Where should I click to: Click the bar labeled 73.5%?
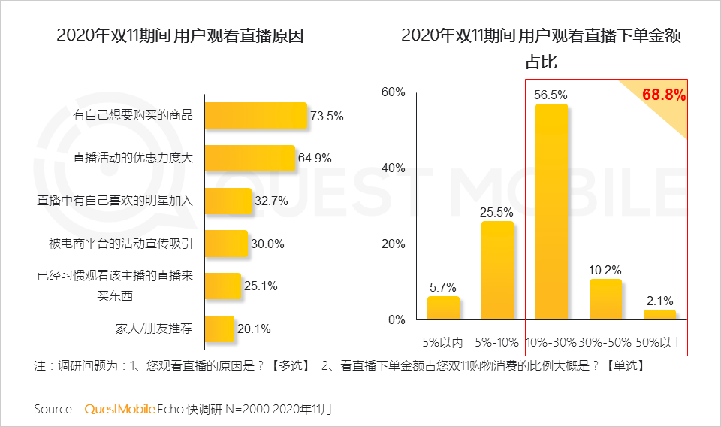click(256, 116)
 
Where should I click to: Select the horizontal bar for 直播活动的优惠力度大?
click(250, 158)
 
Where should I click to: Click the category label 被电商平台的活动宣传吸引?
click(121, 243)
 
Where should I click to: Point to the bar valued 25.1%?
click(223, 286)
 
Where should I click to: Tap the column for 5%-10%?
click(497, 271)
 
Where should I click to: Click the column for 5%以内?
click(443, 308)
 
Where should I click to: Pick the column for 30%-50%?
click(605, 300)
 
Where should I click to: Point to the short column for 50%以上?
click(659, 315)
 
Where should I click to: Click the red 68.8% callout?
click(663, 95)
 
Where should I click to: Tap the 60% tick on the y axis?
click(393, 92)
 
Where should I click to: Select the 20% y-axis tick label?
click(393, 244)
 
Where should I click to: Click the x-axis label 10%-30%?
click(551, 342)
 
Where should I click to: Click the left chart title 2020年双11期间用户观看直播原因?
click(180, 35)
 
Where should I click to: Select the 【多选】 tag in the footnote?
click(288, 366)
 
